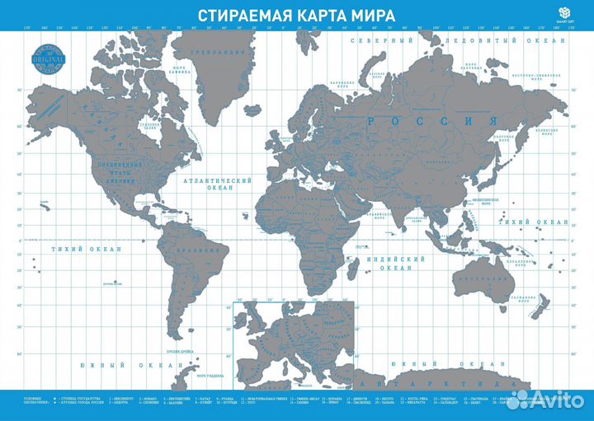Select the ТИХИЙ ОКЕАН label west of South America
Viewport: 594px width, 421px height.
[x=87, y=248]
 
